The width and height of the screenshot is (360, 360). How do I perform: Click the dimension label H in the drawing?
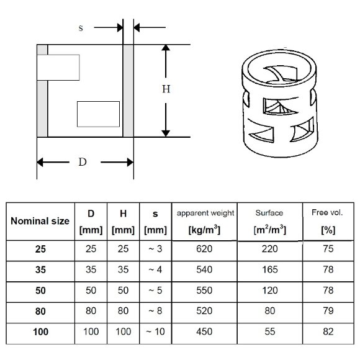point(166,89)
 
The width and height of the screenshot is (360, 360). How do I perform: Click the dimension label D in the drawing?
point(82,163)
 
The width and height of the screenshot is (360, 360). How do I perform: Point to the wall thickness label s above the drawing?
point(81,28)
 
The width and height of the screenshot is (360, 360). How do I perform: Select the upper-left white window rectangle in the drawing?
point(59,67)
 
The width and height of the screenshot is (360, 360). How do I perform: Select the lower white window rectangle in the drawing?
point(98,114)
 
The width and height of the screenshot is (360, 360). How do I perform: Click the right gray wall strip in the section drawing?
point(128,91)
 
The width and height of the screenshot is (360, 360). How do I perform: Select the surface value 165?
point(269,271)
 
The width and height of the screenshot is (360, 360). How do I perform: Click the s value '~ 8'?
point(155,312)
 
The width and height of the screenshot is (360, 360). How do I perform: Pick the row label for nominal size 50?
point(40,291)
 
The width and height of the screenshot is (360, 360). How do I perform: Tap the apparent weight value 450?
point(205,332)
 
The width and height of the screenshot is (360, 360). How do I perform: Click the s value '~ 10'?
point(155,332)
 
